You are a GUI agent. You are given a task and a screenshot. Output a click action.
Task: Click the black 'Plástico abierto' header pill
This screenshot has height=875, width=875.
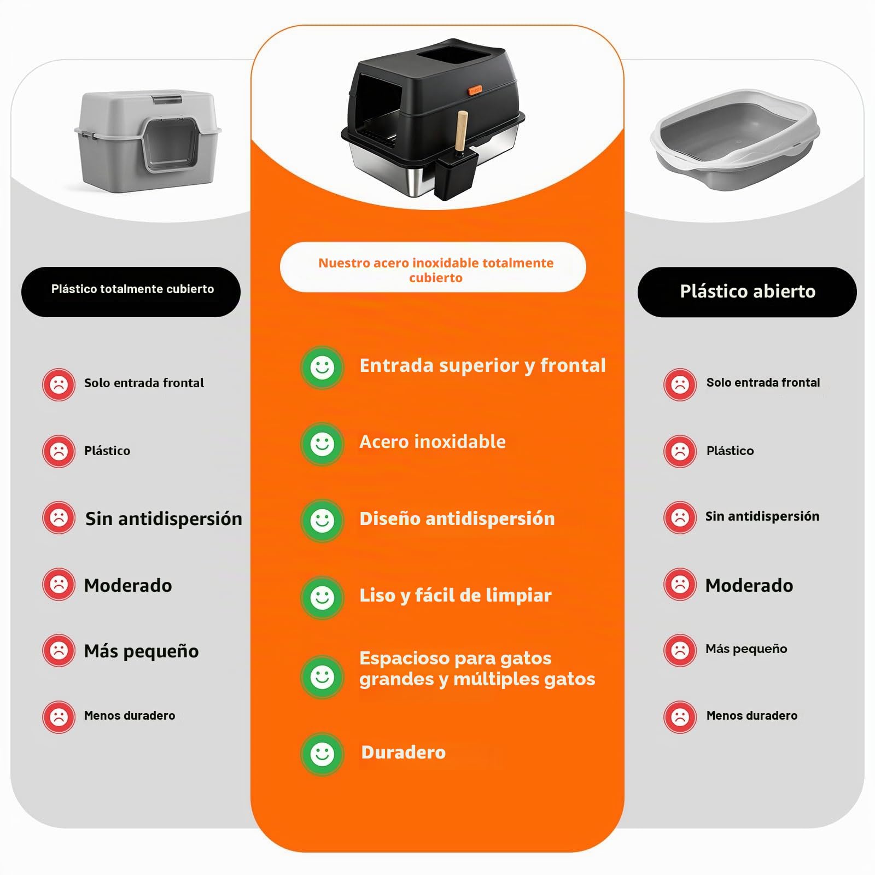point(747,292)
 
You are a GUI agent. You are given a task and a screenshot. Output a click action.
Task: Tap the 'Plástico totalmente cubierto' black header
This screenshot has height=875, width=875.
point(131,292)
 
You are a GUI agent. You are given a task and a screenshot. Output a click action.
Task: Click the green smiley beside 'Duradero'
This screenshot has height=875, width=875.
point(323,754)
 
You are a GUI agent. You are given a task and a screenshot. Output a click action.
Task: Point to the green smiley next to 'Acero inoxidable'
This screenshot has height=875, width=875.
point(323,444)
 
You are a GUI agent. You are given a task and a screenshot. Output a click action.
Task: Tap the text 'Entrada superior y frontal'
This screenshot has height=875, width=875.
point(482,366)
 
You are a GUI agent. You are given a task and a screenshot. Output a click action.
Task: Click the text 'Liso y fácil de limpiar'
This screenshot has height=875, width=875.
point(456,595)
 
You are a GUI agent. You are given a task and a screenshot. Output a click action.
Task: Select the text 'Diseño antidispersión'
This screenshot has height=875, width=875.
point(457,518)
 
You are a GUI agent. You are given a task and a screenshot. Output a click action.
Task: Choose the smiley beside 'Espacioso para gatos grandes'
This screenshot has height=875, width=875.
point(323,677)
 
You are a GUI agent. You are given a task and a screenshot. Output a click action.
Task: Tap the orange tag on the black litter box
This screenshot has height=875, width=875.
point(475,90)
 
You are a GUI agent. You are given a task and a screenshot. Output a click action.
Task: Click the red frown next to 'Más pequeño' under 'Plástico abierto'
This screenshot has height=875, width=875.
point(680,650)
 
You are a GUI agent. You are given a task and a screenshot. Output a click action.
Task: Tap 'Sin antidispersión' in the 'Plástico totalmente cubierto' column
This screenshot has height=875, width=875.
point(164,518)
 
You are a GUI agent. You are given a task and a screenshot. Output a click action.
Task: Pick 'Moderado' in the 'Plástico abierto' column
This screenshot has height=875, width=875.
point(749,585)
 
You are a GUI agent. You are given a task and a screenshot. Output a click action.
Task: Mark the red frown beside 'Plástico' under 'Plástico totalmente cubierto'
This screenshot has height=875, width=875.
point(59,451)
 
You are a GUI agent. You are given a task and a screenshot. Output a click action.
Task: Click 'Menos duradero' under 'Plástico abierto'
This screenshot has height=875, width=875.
point(752,715)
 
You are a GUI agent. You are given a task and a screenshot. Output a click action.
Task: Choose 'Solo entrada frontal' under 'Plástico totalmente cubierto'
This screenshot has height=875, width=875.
point(144,383)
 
